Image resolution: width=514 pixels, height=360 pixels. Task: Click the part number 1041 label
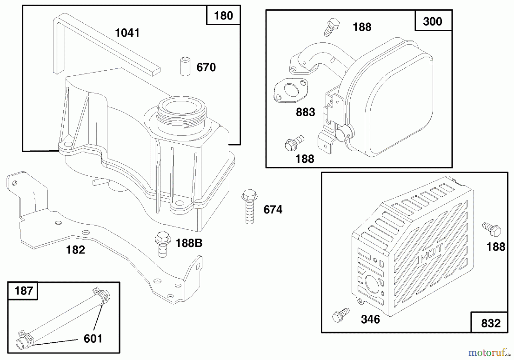click(x=127, y=33)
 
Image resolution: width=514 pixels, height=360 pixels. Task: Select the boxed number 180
click(x=223, y=15)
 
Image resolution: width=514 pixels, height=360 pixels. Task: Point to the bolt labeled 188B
click(x=162, y=244)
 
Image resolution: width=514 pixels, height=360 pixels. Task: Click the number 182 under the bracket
click(x=75, y=250)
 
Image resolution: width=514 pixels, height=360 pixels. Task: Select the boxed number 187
click(x=23, y=291)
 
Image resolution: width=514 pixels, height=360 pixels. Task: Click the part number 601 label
click(x=93, y=339)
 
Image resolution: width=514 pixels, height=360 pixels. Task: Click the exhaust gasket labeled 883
click(x=291, y=90)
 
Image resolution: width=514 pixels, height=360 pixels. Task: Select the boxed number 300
click(x=432, y=21)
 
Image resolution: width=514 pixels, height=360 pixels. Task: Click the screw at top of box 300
click(x=332, y=27)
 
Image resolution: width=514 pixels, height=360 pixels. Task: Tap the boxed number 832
click(x=491, y=323)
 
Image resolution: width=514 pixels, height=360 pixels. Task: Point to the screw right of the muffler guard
click(x=492, y=229)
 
